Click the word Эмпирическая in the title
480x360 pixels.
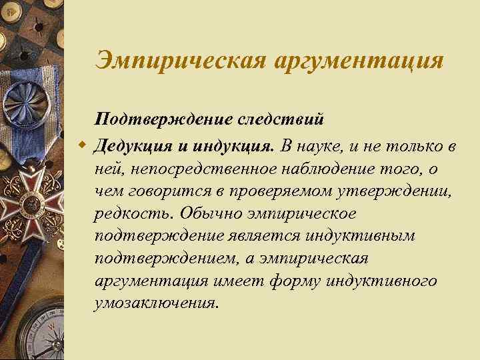click(x=178, y=61)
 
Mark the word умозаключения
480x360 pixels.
click(x=156, y=303)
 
